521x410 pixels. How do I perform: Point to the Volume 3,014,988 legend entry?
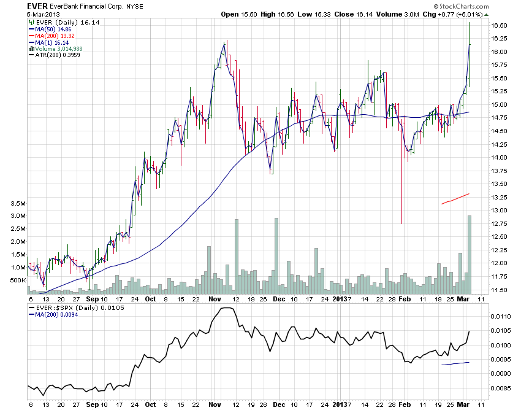click(x=58, y=48)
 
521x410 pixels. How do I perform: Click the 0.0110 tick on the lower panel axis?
click(x=502, y=317)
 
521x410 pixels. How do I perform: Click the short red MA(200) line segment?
click(x=455, y=198)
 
